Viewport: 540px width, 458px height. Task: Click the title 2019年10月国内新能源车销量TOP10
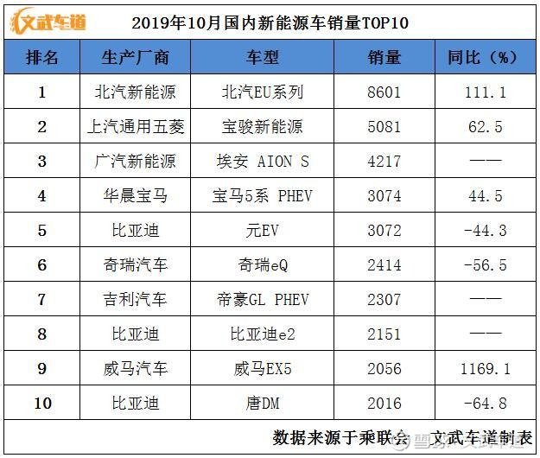(270, 22)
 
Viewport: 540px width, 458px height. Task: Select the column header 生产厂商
(135, 58)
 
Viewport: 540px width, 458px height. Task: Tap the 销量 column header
(384, 58)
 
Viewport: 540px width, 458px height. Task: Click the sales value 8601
(384, 92)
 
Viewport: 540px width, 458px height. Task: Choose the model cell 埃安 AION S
(263, 162)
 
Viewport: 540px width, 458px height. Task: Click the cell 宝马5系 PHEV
(263, 196)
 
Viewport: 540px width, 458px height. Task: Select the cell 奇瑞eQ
(263, 265)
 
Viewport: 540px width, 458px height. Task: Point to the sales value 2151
(384, 334)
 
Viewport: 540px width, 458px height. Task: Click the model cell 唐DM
(263, 404)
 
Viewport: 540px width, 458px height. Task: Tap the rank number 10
(41, 404)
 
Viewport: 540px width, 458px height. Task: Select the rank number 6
(41, 265)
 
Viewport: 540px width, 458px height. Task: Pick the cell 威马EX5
(263, 369)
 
